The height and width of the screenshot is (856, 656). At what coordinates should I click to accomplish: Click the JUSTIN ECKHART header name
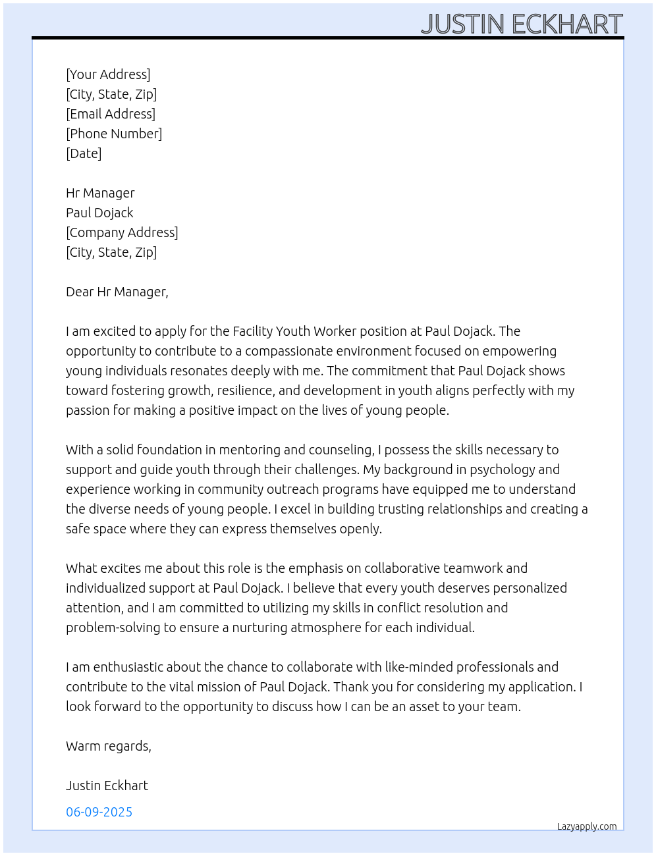pyautogui.click(x=521, y=24)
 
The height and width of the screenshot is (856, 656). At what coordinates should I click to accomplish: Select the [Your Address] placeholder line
pyautogui.click(x=108, y=74)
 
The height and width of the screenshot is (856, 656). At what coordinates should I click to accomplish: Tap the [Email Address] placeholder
pyautogui.click(x=111, y=114)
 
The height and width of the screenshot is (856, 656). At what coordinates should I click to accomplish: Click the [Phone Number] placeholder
pyautogui.click(x=114, y=134)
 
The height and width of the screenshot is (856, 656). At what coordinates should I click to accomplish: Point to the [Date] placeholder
pyautogui.click(x=84, y=153)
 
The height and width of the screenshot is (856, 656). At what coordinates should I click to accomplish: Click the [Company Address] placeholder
pyautogui.click(x=122, y=232)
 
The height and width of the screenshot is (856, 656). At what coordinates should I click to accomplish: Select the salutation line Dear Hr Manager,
pyautogui.click(x=117, y=292)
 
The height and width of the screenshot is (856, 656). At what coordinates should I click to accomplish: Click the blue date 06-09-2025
pyautogui.click(x=99, y=812)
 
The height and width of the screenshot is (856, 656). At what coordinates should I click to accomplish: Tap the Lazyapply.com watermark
pyautogui.click(x=587, y=826)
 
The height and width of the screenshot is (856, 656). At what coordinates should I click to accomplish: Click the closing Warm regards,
pyautogui.click(x=109, y=746)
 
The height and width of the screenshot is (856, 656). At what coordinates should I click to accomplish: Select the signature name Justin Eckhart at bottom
pyautogui.click(x=107, y=786)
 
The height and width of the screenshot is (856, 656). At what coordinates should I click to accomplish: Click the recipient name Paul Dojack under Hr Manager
pyautogui.click(x=99, y=213)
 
